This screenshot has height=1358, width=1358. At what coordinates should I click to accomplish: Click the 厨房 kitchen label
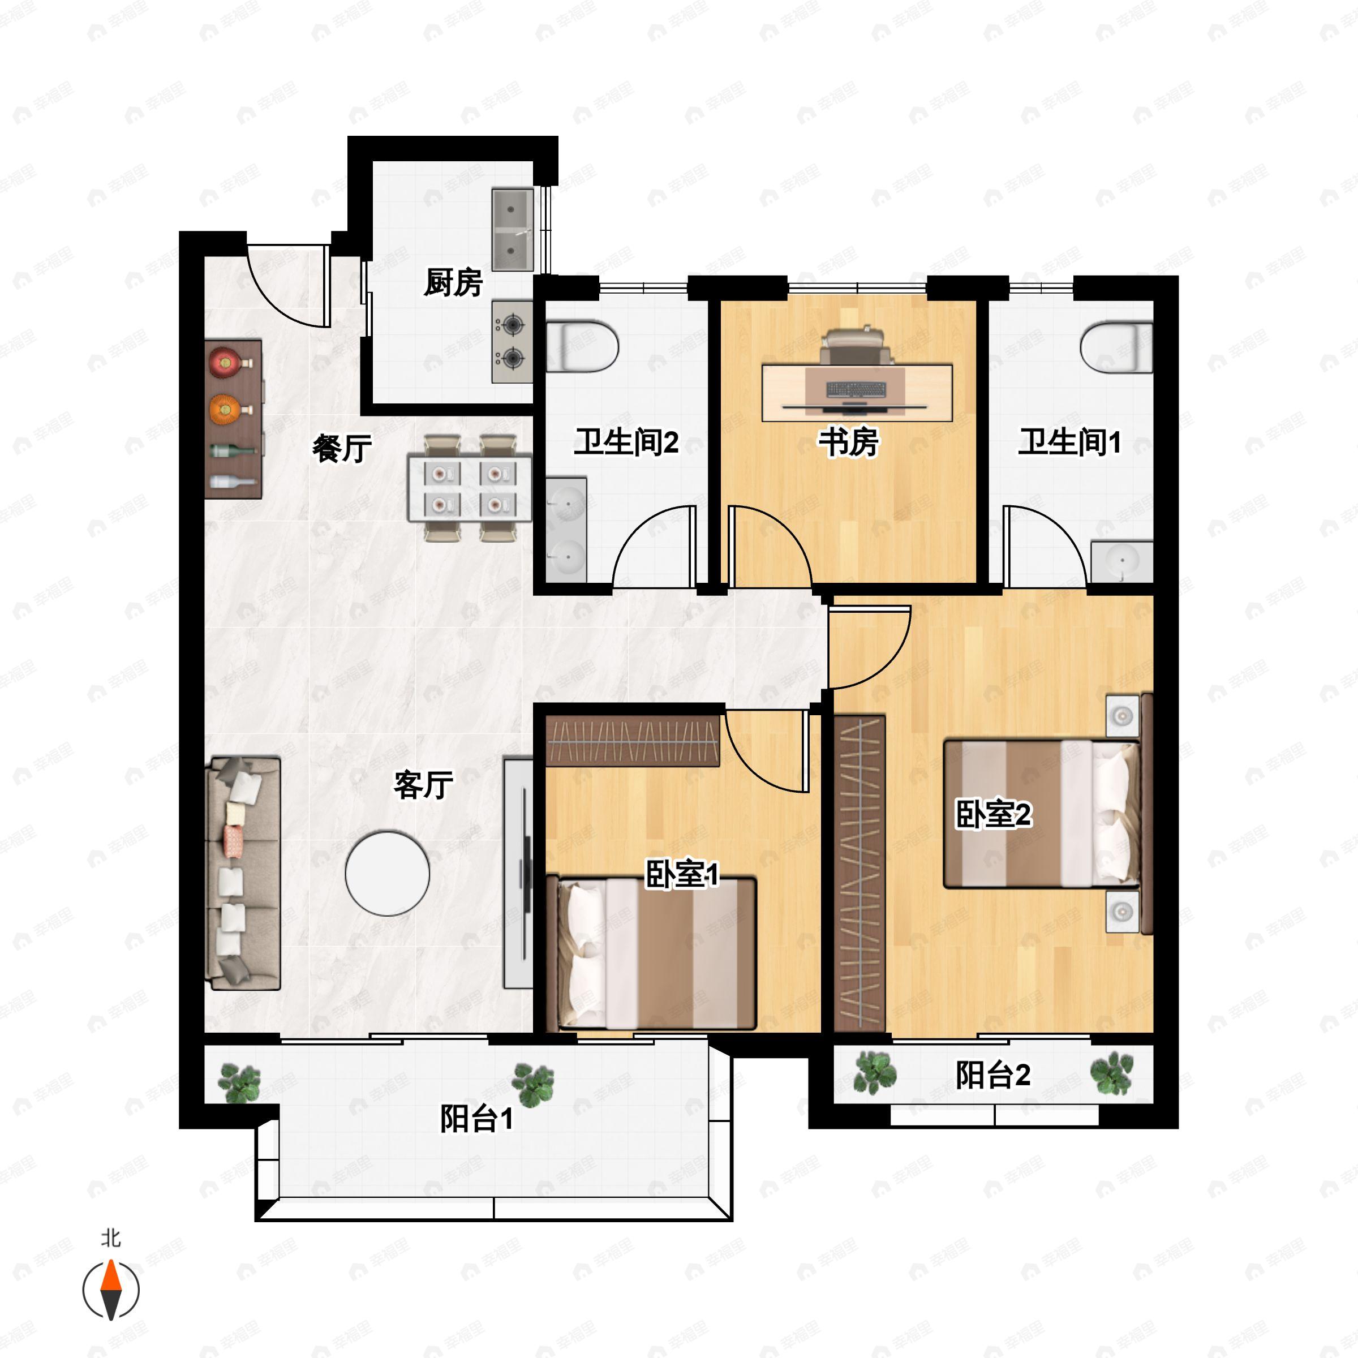tap(453, 282)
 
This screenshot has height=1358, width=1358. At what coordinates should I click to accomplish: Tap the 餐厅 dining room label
tap(342, 449)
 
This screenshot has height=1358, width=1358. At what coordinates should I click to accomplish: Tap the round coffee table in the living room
tap(387, 874)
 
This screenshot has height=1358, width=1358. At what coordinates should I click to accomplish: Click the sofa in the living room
tap(243, 873)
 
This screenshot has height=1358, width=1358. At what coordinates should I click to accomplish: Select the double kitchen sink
tap(513, 229)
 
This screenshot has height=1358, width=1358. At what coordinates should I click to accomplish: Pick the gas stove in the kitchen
tap(513, 342)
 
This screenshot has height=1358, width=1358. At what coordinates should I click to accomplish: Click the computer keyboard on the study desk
tap(856, 389)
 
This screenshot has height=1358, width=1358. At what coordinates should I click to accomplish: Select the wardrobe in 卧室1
tap(633, 741)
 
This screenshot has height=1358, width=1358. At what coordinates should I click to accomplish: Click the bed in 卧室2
tap(1042, 813)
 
